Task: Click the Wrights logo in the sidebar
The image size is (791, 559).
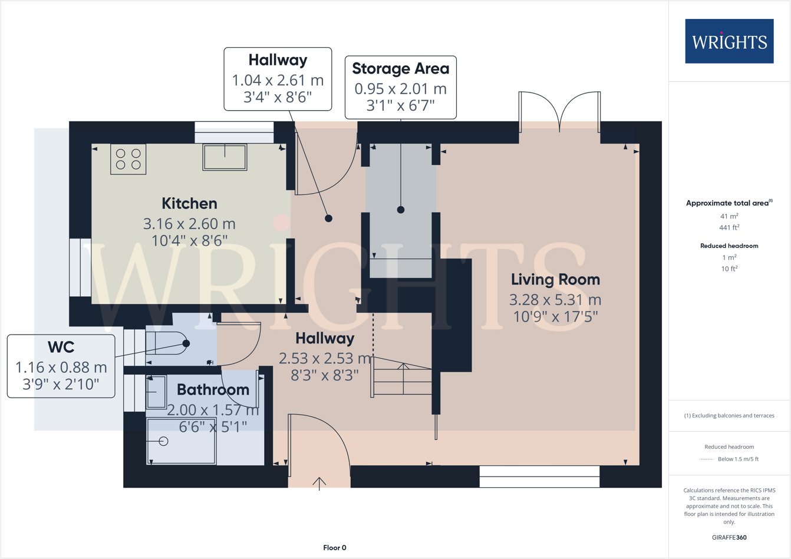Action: point(729,41)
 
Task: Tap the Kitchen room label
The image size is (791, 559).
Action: point(189,204)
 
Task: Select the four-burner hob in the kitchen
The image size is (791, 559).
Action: point(128,159)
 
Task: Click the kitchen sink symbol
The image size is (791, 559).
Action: point(225,157)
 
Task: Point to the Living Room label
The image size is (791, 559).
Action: point(555,280)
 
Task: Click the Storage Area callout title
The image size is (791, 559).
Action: point(400,69)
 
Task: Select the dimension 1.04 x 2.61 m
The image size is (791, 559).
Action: point(278,80)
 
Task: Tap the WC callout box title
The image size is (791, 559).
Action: point(61,347)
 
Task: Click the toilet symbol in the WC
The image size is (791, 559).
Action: point(167,343)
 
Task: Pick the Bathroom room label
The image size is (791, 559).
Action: point(213,390)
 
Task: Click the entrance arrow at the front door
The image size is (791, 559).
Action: point(319,483)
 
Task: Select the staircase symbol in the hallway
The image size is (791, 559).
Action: point(403,379)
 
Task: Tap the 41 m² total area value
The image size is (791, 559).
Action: point(729,216)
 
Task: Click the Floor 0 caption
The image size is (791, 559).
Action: point(335,548)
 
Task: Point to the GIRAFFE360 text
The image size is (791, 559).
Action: point(729,537)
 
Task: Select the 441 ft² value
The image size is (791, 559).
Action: point(729,227)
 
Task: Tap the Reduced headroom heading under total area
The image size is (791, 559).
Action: point(729,246)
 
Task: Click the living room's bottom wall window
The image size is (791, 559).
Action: point(539,477)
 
